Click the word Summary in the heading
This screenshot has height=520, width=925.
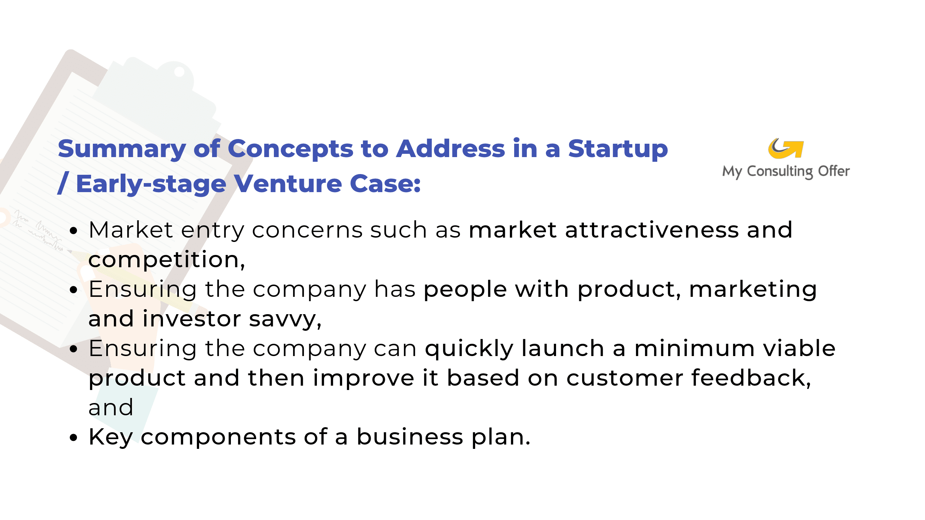122,149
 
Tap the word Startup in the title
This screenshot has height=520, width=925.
618,149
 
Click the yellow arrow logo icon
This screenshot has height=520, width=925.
786,149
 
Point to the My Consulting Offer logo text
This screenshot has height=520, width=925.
786,172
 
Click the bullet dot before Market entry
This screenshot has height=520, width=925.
74,230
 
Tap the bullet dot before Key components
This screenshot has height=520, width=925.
74,438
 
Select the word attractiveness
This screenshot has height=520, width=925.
652,230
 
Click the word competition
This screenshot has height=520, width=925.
167,260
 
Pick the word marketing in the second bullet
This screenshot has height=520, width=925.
753,290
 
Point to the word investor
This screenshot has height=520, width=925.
192,319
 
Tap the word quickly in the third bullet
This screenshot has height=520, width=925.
469,349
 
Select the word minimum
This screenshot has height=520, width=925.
694,349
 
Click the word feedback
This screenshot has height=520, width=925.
751,378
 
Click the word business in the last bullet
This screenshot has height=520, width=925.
410,437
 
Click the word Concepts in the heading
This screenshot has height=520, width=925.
291,149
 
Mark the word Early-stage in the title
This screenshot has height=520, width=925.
151,184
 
